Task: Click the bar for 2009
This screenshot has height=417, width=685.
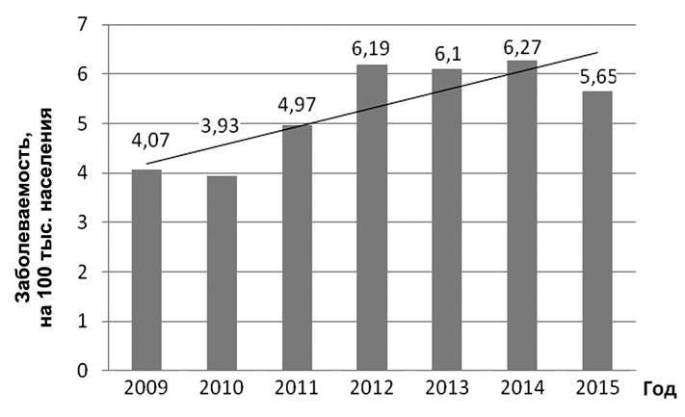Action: tap(146, 271)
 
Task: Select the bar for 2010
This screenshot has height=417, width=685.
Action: tap(222, 274)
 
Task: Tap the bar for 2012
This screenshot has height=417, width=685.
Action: tap(372, 218)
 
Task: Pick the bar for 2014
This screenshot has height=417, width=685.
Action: tap(521, 216)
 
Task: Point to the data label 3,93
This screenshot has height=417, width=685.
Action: tap(222, 125)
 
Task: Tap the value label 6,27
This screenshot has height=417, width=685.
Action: tap(522, 42)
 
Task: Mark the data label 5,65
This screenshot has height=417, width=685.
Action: tap(599, 73)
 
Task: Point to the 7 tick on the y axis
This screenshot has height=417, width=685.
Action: tap(94, 24)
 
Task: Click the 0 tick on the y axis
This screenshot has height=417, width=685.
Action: tap(94, 371)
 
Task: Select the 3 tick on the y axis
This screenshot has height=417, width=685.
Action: tap(94, 222)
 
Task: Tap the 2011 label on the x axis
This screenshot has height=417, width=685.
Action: tap(297, 390)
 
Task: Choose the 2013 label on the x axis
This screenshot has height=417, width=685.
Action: tap(447, 390)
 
